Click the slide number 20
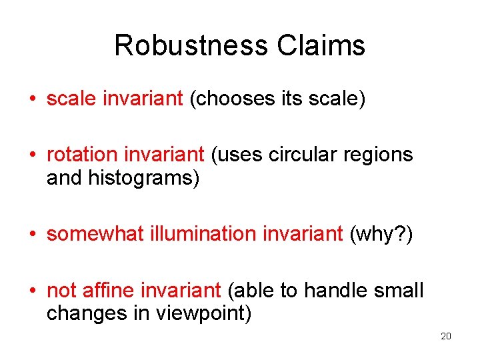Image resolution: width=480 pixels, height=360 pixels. (446, 336)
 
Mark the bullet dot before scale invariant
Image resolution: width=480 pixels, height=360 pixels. (32, 99)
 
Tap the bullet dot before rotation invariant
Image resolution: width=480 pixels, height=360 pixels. (32, 155)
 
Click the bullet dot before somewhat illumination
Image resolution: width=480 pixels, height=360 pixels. (32, 235)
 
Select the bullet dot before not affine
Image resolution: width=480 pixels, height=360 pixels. (32, 291)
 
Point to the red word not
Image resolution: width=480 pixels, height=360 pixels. (62, 290)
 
